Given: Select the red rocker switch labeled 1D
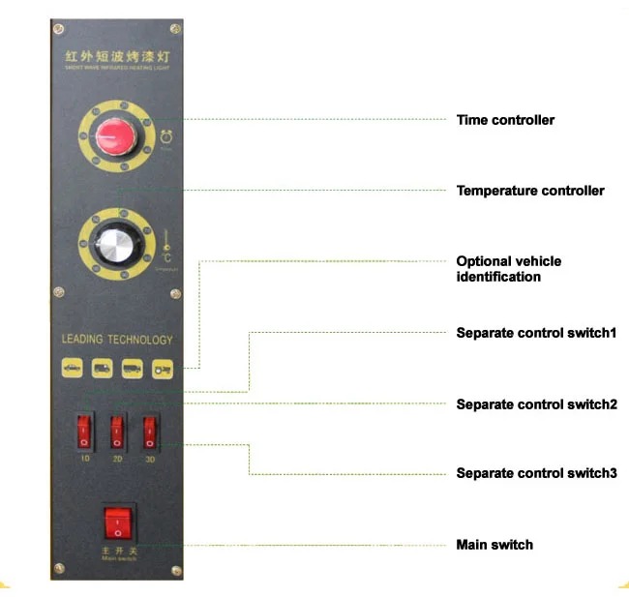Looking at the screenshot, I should coord(84,428).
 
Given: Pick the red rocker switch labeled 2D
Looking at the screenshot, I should coord(117,428).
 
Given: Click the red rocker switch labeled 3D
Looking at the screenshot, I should coord(149,428).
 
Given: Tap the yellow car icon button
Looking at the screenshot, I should coord(72,369).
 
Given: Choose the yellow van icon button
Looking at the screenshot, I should coord(102,369).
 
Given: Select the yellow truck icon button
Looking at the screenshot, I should coord(133,369).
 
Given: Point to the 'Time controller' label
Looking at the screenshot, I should coord(505,120).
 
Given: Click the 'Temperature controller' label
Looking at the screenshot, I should coord(530,191).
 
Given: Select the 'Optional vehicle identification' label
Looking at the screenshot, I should coord(509,269).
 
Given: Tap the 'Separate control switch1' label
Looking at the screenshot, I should coord(536,333).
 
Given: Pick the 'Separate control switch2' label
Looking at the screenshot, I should coord(536,404).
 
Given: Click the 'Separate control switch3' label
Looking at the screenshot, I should coord(536,473).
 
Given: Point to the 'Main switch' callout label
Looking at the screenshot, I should coord(494,545).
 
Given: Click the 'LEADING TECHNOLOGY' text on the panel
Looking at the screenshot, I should coord(117,340).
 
